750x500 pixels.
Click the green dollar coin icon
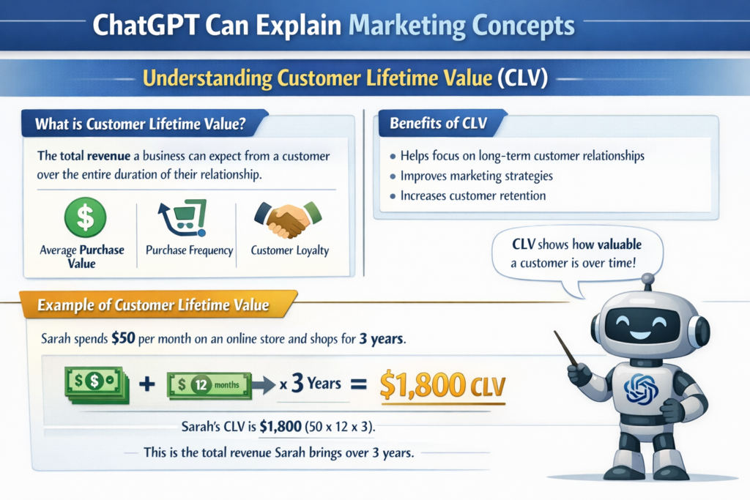(x=85, y=216)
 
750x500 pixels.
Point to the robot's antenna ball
(x=647, y=278)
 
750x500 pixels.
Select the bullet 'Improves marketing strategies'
(x=476, y=176)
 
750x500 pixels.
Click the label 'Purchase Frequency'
(x=189, y=250)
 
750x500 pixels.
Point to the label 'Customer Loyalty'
(x=289, y=250)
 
